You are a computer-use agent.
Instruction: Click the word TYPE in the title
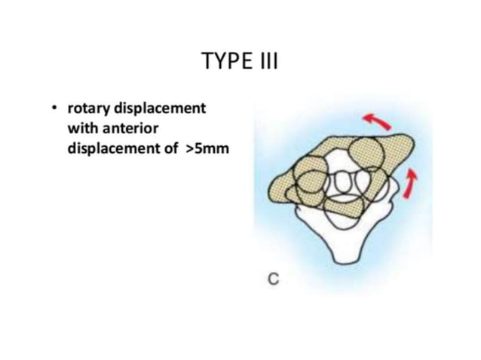[222, 61]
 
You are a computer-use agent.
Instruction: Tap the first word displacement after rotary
[158, 108]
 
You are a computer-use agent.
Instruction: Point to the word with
[81, 127]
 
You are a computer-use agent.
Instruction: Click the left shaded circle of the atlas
[307, 182]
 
